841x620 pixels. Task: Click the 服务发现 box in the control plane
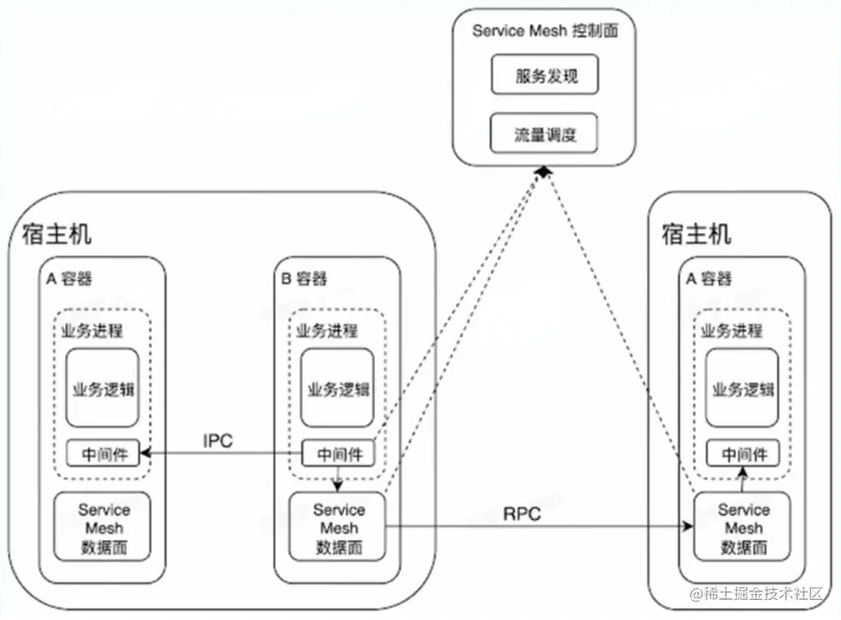coord(545,76)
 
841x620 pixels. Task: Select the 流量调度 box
coord(544,133)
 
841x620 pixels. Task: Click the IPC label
coord(218,441)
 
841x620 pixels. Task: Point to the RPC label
coord(522,514)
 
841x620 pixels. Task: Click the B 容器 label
coord(303,278)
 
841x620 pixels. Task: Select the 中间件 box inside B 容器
coord(338,454)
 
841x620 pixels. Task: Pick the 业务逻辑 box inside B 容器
coord(338,388)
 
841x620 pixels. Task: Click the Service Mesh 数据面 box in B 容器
coord(338,527)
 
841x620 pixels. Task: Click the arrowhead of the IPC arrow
coord(146,453)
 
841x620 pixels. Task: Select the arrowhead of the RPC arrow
coord(688,527)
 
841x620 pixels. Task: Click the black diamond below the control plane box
coord(543,171)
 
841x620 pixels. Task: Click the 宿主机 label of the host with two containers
coord(52,233)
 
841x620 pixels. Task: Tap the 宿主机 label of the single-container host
coord(696,233)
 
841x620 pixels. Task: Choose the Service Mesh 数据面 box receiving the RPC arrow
coord(743,528)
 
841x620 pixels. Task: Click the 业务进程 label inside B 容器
coord(327,331)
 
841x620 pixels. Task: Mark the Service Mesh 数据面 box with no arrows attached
coord(104,527)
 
